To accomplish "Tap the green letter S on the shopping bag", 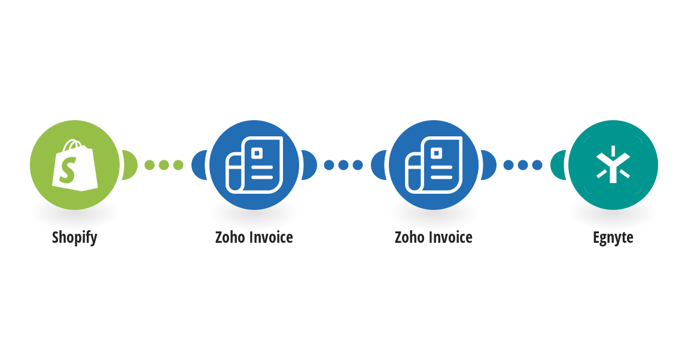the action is [x=68, y=170].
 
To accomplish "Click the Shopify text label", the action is [x=75, y=237].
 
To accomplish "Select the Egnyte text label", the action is [x=613, y=237].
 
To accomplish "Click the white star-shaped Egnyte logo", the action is [x=613, y=165].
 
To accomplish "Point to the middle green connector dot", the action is [x=164, y=165].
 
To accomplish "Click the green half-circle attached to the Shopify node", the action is [x=130, y=165].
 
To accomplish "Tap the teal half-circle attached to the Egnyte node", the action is [x=558, y=165].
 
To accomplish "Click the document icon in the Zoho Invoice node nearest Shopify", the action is [x=254, y=165].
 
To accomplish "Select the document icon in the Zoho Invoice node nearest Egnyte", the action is [x=434, y=165].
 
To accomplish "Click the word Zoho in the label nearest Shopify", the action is [x=230, y=237].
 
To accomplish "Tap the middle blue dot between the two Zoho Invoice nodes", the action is [x=343, y=165].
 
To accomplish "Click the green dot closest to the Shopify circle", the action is [x=150, y=165].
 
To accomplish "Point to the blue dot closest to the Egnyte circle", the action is [x=537, y=165].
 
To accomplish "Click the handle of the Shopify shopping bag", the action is [x=73, y=145].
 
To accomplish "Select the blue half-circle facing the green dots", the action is [x=199, y=165].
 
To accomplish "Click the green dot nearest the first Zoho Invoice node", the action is [x=178, y=165].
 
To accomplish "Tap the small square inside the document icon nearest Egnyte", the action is [x=436, y=153].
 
